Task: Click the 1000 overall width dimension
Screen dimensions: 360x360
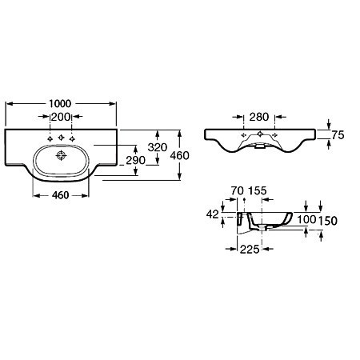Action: coord(61,103)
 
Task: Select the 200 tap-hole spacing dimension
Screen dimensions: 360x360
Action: coord(61,117)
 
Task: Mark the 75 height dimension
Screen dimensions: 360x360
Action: coord(338,136)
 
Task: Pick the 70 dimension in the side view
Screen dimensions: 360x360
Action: coord(236,191)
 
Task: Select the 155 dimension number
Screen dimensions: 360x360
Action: coord(258,191)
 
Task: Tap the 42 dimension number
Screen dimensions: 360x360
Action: coord(212,214)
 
